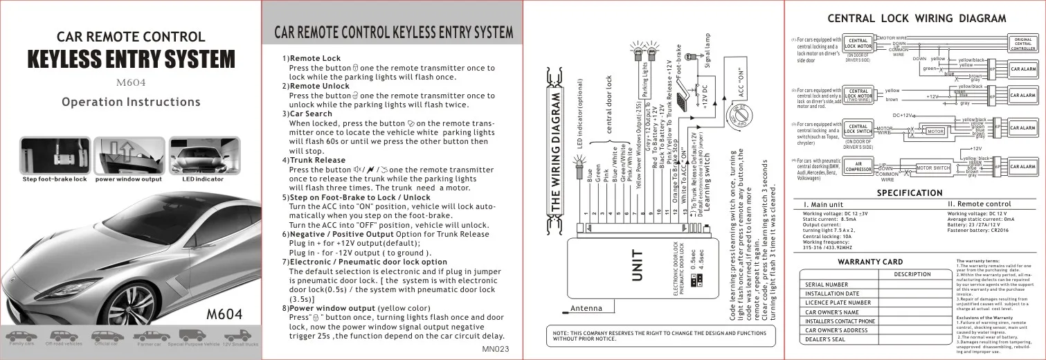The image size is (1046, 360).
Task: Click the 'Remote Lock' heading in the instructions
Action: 315,59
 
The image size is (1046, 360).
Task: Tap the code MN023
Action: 495,349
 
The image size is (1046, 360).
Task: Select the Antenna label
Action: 586,309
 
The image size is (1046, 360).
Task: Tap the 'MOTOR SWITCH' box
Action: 933,168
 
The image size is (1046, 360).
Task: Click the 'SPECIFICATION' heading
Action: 910,193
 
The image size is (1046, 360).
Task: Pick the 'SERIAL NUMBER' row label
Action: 827,285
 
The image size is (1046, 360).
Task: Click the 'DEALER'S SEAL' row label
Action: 825,339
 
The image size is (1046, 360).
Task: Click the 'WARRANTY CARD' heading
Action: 870,262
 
